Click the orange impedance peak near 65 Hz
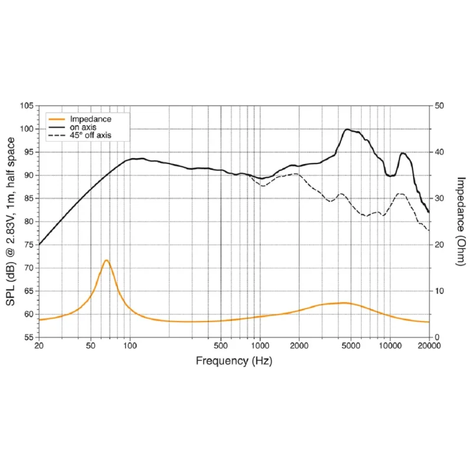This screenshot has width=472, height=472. pyautogui.click(x=106, y=260)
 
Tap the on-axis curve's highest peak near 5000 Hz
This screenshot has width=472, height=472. pyautogui.click(x=347, y=129)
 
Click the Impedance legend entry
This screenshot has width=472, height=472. pyautogui.click(x=80, y=119)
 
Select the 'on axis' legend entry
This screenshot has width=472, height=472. pyautogui.click(x=72, y=127)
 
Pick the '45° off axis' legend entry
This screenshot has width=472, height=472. pyautogui.click(x=80, y=136)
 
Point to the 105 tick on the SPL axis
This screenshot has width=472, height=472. pyautogui.click(x=27, y=106)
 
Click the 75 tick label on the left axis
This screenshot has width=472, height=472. pyautogui.click(x=29, y=245)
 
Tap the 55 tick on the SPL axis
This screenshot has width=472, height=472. pyautogui.click(x=29, y=337)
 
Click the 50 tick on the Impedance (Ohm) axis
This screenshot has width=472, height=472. pyautogui.click(x=439, y=106)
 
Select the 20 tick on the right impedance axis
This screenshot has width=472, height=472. pyautogui.click(x=439, y=245)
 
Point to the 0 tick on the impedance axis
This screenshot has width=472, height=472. pyautogui.click(x=437, y=337)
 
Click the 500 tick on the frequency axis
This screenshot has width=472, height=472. pyautogui.click(x=221, y=346)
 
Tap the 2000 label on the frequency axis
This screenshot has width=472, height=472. pyautogui.click(x=299, y=346)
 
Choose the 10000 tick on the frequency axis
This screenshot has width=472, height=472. pyautogui.click(x=390, y=346)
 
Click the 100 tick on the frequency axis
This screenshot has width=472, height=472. pyautogui.click(x=130, y=346)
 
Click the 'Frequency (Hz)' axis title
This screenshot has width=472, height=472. pyautogui.click(x=234, y=360)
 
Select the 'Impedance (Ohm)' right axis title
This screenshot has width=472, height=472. pyautogui.click(x=461, y=222)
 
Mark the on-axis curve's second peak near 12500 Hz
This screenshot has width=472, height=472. pyautogui.click(x=403, y=153)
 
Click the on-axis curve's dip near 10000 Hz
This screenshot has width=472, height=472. pyautogui.click(x=390, y=176)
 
